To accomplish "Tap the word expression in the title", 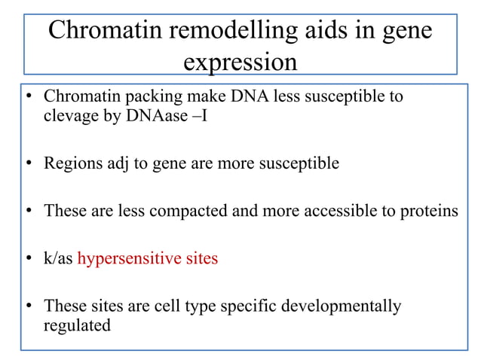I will pyautogui.click(x=240, y=61).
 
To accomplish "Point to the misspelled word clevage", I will pyautogui.click(x=67, y=117).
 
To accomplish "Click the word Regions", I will pyautogui.click(x=69, y=163).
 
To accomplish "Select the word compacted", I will pyautogui.click(x=182, y=211).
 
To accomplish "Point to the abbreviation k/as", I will pyautogui.click(x=58, y=258).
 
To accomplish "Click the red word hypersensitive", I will pyautogui.click(x=123, y=258).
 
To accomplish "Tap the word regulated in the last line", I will pyautogui.click(x=76, y=325).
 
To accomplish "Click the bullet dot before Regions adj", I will pyautogui.click(x=29, y=164).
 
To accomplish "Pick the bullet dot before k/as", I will pyautogui.click(x=29, y=259).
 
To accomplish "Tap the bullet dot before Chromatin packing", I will pyautogui.click(x=29, y=98).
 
